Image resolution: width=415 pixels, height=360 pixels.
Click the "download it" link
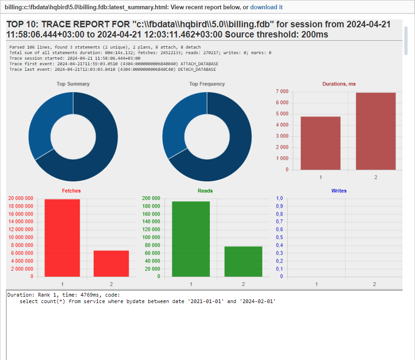point(266,7)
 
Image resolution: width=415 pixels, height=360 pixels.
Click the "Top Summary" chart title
point(73,84)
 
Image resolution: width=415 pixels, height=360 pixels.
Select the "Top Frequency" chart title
point(207,84)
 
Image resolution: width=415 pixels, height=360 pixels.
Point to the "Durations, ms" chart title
point(339,84)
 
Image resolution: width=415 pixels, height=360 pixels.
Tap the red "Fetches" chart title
point(71,191)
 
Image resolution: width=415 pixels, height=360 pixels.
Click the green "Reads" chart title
point(205,191)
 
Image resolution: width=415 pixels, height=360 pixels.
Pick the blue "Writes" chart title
point(339,191)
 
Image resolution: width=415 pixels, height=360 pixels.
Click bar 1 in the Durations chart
point(321,143)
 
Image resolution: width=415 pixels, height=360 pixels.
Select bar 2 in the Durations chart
point(376,131)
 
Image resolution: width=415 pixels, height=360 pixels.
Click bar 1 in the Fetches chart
point(62,238)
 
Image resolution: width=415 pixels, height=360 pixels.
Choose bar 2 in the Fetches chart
point(111,264)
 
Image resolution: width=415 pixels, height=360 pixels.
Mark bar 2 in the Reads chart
point(243,261)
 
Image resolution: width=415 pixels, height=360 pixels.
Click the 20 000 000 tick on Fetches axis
point(21,199)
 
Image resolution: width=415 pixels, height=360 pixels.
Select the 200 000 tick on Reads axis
point(152,199)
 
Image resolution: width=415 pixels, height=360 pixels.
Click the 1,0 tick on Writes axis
point(279,199)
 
